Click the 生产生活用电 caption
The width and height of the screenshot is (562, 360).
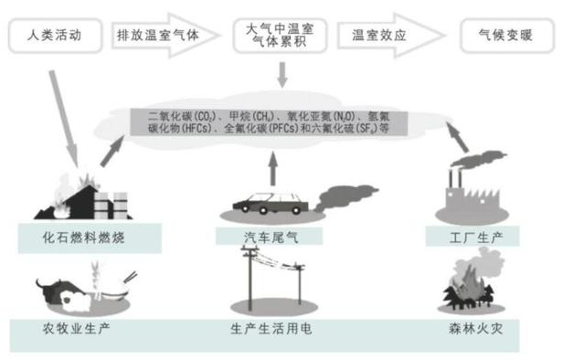pyautogui.click(x=272, y=327)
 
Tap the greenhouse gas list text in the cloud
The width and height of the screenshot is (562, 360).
pyautogui.click(x=274, y=122)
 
